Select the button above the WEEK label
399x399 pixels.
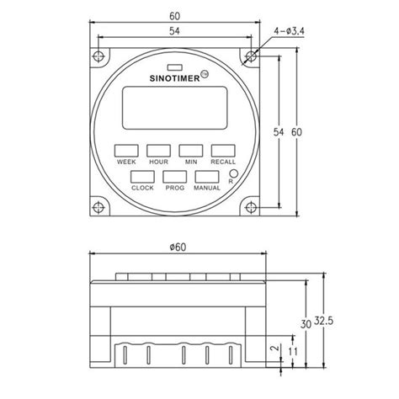(126, 150)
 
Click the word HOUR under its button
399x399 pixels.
(157, 161)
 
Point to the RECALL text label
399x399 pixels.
(222, 161)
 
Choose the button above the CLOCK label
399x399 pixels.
(142, 177)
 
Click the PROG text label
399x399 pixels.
(174, 188)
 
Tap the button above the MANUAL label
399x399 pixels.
(206, 177)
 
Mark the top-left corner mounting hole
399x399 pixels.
(99, 58)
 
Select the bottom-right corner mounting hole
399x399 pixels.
(250, 207)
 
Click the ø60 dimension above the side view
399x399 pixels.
(177, 247)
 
